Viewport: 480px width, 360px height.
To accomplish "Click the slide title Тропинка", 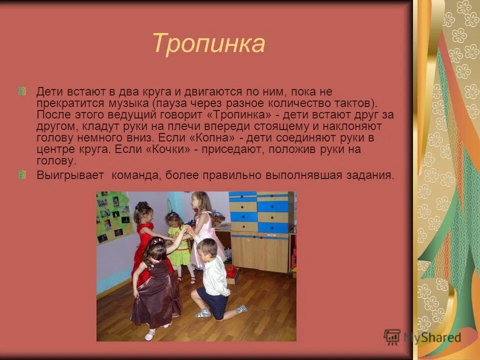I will pyautogui.click(x=208, y=43).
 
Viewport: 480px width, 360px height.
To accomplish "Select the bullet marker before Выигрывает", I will pyautogui.click(x=22, y=174).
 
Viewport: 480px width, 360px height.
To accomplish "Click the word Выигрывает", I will pyautogui.click(x=70, y=175).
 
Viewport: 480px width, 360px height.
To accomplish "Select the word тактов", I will pyautogui.click(x=354, y=103).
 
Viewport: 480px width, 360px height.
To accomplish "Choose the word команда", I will pyautogui.click(x=134, y=175).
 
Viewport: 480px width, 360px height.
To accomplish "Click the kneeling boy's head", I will pyautogui.click(x=207, y=247).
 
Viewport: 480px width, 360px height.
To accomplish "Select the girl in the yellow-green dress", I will pyautogui.click(x=179, y=242).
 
